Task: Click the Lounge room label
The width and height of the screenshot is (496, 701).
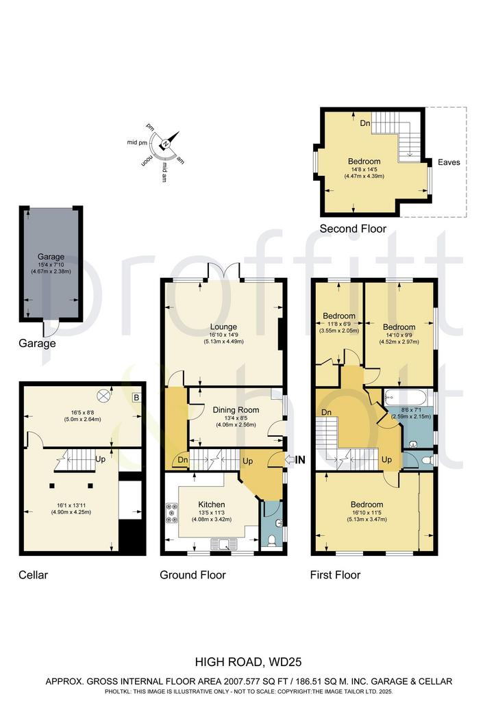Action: click(x=223, y=327)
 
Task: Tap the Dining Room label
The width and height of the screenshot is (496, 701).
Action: click(x=236, y=410)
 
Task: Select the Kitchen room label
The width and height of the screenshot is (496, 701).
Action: click(x=212, y=505)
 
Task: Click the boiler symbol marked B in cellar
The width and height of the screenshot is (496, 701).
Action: click(x=136, y=398)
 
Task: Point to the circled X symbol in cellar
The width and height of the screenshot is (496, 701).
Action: click(x=103, y=395)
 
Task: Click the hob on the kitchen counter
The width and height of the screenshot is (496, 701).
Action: click(x=171, y=513)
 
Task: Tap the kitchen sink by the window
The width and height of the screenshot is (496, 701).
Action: click(x=225, y=544)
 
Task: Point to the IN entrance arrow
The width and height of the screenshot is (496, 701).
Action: click(x=295, y=459)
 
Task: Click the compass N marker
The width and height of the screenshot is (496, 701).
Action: click(x=166, y=144)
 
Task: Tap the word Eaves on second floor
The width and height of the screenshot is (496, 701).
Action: click(x=449, y=162)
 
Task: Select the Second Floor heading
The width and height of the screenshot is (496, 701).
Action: click(x=353, y=229)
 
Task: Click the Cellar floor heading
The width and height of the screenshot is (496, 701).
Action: click(x=33, y=575)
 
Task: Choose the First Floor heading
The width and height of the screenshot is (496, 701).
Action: click(x=335, y=575)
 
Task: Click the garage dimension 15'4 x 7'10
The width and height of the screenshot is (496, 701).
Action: click(x=51, y=264)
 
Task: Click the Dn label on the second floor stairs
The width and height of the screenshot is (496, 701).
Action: click(x=365, y=123)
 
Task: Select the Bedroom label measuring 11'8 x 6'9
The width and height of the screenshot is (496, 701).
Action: click(x=339, y=316)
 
